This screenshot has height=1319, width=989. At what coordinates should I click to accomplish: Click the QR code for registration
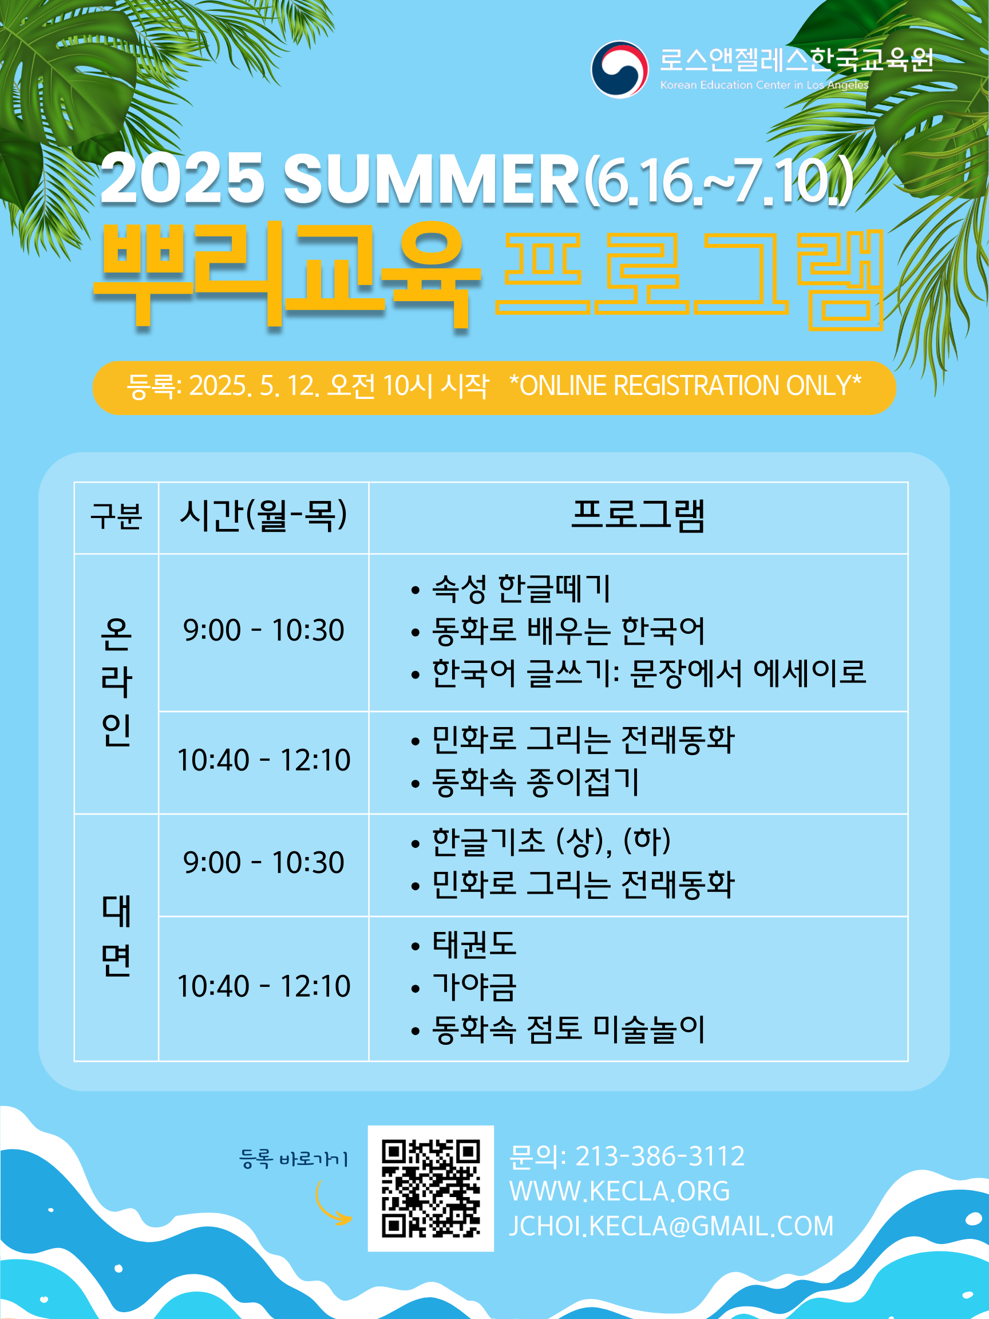430,1188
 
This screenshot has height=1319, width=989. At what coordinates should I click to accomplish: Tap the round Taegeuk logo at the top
619,69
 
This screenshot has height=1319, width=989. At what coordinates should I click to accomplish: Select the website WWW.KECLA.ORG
619,1191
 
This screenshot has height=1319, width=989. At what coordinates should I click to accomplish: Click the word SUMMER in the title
430,179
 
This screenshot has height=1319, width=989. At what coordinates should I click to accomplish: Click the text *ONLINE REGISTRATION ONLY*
685,386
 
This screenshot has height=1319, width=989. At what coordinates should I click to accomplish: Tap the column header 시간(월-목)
263,516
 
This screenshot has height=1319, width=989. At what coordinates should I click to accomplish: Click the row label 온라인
116,682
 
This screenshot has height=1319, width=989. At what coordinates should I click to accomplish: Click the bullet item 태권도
474,945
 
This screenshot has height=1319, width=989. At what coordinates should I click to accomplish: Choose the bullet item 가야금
474,988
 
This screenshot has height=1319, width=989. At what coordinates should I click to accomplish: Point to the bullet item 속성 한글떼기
521,589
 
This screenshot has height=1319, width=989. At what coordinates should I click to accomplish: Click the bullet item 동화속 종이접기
535,783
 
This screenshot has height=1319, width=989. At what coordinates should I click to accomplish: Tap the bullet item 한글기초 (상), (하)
551,842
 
